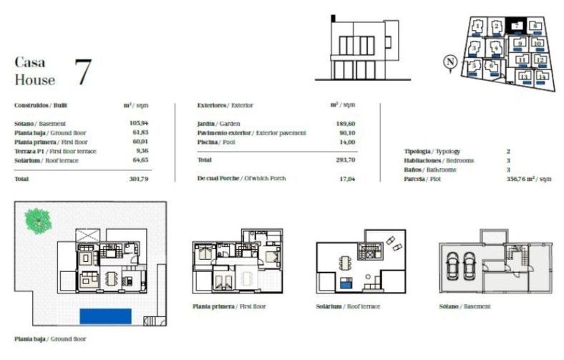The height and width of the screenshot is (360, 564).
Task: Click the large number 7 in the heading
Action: pyautogui.click(x=82, y=72)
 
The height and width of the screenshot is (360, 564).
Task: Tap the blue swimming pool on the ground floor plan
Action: pyautogui.click(x=105, y=315)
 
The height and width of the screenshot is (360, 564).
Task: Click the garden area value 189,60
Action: pyautogui.click(x=345, y=124)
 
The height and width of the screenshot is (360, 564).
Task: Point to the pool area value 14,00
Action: pyautogui.click(x=346, y=142)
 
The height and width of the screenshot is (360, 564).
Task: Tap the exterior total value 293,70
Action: pyautogui.click(x=345, y=160)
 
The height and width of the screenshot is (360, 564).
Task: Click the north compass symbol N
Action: pyautogui.click(x=449, y=62)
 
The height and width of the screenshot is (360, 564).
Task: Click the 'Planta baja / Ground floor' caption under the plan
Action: pyautogui.click(x=50, y=339)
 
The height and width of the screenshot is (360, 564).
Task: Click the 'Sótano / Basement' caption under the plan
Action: pyautogui.click(x=465, y=306)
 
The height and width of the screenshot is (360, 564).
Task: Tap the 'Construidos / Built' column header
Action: pyautogui.click(x=41, y=105)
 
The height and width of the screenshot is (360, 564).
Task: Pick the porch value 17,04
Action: pyautogui.click(x=346, y=178)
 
